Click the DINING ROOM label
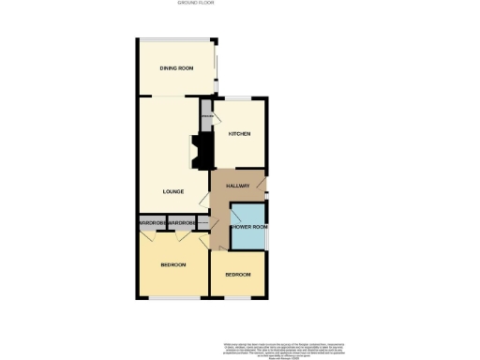point(176,69)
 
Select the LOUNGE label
point(172,192)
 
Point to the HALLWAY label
point(237,187)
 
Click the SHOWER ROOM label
point(249,227)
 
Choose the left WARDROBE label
point(152,223)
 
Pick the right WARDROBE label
point(182,223)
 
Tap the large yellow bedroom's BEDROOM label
point(172,265)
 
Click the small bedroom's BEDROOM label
point(237,275)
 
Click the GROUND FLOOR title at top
point(196,4)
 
